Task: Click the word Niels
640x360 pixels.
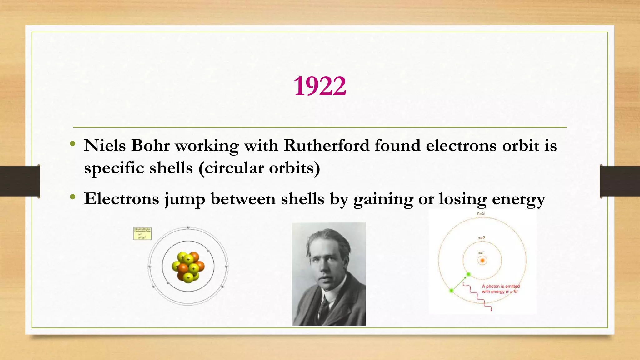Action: click(105, 146)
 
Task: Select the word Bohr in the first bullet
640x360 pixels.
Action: click(150, 146)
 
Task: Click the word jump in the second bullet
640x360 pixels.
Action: click(185, 199)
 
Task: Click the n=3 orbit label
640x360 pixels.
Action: click(481, 213)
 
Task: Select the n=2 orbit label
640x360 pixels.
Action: click(481, 238)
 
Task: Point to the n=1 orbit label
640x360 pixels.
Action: click(481, 252)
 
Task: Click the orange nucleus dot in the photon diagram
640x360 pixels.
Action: click(482, 260)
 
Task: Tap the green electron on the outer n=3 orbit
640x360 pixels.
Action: click(451, 291)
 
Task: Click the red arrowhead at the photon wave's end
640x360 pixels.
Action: click(491, 310)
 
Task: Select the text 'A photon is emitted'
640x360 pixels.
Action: click(501, 286)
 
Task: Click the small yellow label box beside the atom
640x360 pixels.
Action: click(142, 234)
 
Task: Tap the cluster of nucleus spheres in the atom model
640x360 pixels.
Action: click(188, 267)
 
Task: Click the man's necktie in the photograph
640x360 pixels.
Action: click(324, 306)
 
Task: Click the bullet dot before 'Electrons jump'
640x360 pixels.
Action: click(73, 197)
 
